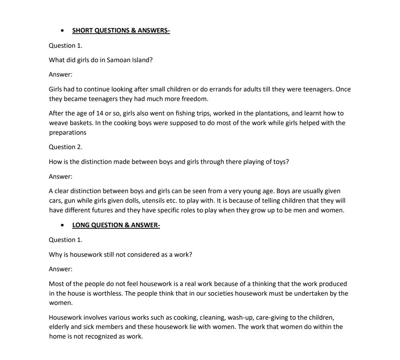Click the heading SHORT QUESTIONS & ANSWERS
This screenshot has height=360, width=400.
121,31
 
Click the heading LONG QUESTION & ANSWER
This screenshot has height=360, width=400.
116,225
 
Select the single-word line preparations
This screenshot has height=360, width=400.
67,132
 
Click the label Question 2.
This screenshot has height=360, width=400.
66,147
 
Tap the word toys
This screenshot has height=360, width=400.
280,162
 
